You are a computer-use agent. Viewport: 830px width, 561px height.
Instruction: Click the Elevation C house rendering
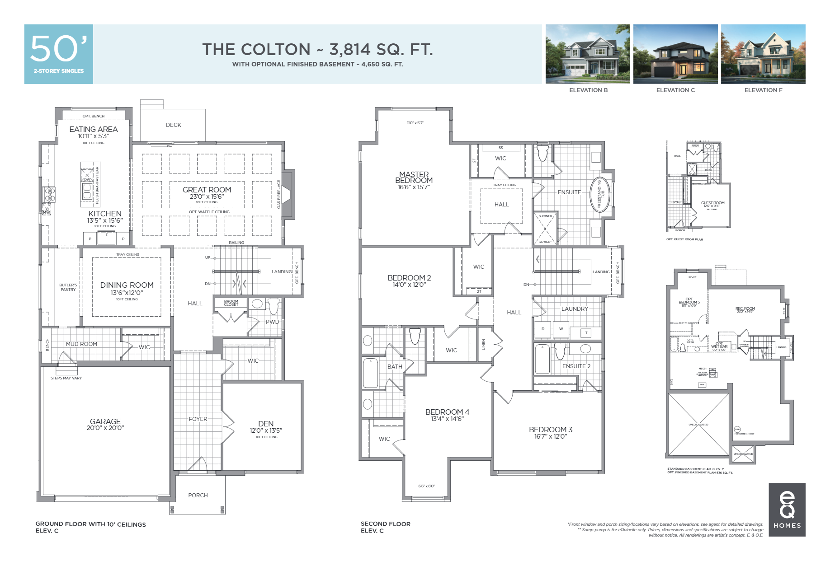pos(675,54)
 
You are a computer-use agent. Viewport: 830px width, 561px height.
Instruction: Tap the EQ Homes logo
pos(787,510)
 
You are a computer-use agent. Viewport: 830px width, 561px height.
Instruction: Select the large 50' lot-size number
pos(58,49)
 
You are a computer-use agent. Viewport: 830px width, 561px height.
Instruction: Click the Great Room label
pos(207,190)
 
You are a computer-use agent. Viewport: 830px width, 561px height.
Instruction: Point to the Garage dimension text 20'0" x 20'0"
pos(105,428)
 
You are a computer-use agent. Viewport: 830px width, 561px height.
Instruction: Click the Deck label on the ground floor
pos(173,125)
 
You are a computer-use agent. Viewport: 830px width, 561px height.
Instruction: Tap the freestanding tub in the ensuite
pos(601,195)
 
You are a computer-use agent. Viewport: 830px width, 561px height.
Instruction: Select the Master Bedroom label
pos(414,177)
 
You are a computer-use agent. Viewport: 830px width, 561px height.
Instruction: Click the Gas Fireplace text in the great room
pos(279,194)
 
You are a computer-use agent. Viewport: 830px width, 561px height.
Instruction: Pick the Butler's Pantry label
pos(68,287)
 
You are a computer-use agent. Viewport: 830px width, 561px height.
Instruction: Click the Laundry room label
pos(575,309)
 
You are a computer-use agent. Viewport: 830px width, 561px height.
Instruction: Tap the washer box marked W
pos(561,329)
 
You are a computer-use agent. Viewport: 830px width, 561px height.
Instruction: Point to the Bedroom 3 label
pos(551,430)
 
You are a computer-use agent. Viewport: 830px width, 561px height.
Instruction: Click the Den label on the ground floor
pos(266,424)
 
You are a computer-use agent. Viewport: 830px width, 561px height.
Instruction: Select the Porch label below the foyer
pos(198,496)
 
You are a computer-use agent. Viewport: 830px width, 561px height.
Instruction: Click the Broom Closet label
pos(231,303)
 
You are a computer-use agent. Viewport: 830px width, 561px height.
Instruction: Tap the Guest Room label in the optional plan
pos(712,203)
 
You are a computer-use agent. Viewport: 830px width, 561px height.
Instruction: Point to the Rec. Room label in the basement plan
pos(745,309)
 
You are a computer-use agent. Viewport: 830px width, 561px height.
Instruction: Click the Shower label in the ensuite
pos(545,216)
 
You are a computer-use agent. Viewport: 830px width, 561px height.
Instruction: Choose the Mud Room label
pos(81,344)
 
